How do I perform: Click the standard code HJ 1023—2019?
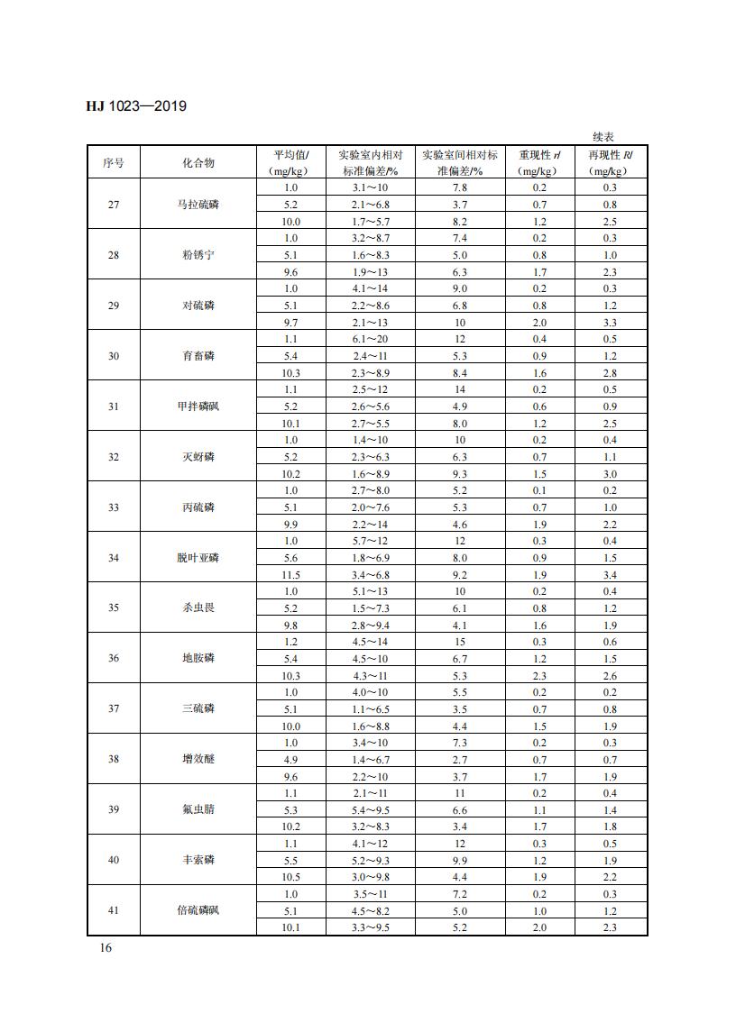(136, 106)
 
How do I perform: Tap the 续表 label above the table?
(603, 136)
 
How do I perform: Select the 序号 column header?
(114, 162)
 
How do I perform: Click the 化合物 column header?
(198, 162)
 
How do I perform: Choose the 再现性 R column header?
(610, 162)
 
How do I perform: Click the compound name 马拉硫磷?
(198, 205)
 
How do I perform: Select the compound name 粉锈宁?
(198, 255)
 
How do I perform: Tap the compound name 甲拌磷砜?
(198, 406)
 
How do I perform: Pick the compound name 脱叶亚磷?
(198, 558)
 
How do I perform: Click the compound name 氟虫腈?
(198, 809)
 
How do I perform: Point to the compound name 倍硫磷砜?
(198, 910)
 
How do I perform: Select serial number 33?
(114, 507)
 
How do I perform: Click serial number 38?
(114, 759)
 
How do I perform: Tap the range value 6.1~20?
(370, 339)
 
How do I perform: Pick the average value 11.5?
(290, 575)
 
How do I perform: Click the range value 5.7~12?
(370, 541)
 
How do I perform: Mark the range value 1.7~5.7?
(370, 222)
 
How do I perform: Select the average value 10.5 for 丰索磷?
(290, 877)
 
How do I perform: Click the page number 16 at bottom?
(94, 948)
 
